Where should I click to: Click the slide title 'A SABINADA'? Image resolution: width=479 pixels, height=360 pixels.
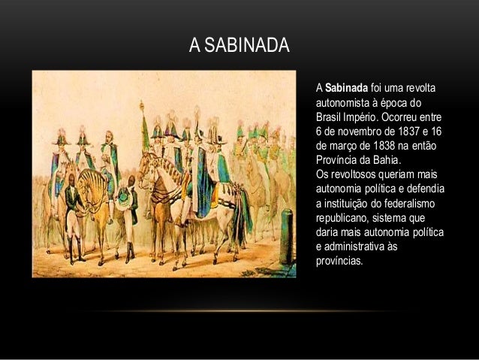tap(239, 46)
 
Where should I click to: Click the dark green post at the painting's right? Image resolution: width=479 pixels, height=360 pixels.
tap(286, 237)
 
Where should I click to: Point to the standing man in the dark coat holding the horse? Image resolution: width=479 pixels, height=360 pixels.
tap(72, 214)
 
